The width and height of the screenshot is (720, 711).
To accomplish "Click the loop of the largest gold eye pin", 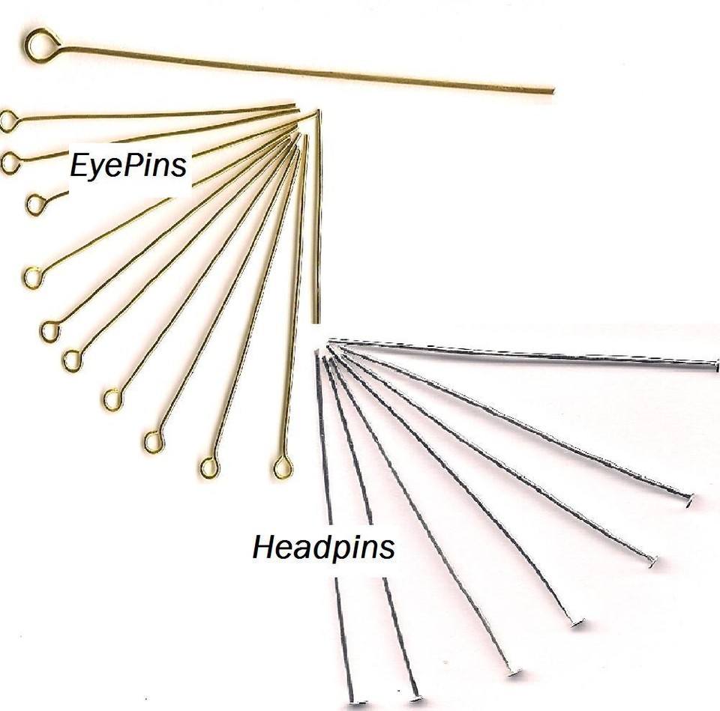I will pyautogui.click(x=41, y=45).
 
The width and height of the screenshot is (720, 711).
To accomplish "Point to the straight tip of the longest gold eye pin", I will pyautogui.click(x=551, y=91).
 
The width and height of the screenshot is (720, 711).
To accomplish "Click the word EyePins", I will pyautogui.click(x=128, y=165).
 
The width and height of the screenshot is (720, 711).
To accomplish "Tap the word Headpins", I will pyautogui.click(x=323, y=547).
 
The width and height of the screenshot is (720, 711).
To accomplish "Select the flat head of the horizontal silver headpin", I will pyautogui.click(x=715, y=366).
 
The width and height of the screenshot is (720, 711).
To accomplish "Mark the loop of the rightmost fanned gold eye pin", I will pyautogui.click(x=283, y=468).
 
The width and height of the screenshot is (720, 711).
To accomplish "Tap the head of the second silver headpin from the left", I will pyautogui.click(x=415, y=698).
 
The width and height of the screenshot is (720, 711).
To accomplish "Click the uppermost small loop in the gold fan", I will pyautogui.click(x=8, y=121).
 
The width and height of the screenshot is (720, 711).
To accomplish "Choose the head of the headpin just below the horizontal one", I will pyautogui.click(x=688, y=500).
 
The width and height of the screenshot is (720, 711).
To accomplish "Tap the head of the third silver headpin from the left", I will pyautogui.click(x=514, y=671).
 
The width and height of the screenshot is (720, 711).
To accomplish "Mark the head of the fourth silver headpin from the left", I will pyautogui.click(x=576, y=622).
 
